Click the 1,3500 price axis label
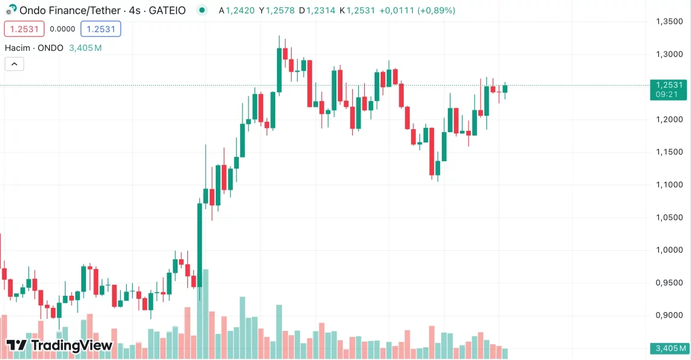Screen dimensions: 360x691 tap(669, 22)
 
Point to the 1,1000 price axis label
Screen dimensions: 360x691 tap(669, 185)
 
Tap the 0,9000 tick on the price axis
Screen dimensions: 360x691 tap(669, 315)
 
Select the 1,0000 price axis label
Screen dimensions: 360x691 tap(669, 250)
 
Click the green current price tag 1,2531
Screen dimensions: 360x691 tap(669, 85)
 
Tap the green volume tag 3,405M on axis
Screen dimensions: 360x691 tap(669, 348)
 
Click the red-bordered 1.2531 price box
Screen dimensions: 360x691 tap(24, 28)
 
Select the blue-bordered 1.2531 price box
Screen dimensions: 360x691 tap(101, 28)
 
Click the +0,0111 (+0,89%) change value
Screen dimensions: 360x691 tap(418, 10)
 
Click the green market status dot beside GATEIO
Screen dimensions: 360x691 tap(202, 10)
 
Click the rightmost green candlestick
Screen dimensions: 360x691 tap(505, 89)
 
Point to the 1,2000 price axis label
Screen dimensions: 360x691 tap(669, 119)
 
